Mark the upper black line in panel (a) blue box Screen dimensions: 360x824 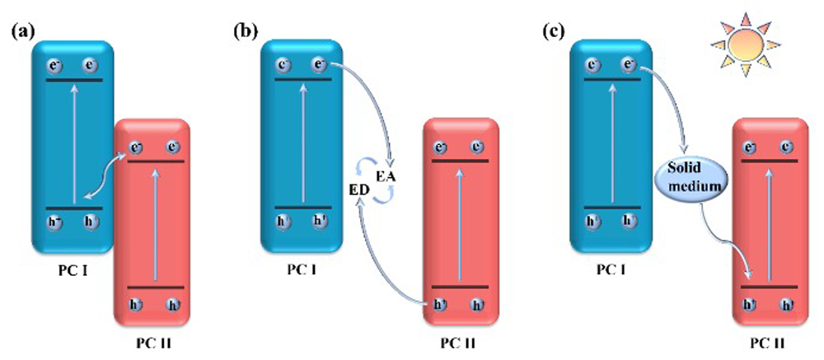(x=73, y=81)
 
